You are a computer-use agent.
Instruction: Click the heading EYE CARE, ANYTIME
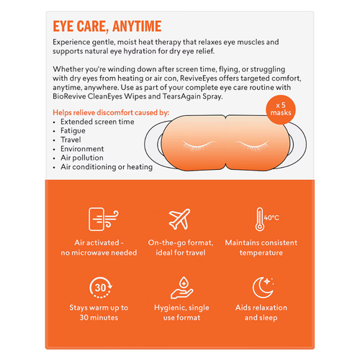[x=105, y=27]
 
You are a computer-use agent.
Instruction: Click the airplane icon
[x=179, y=218]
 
